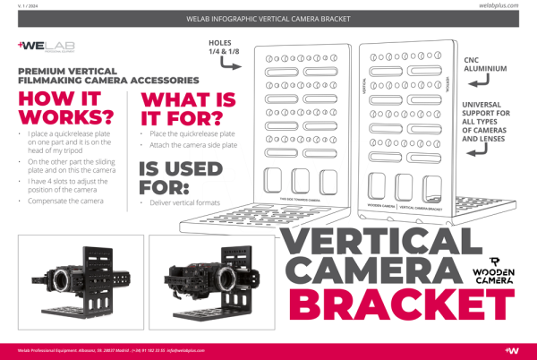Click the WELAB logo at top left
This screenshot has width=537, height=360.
pyautogui.click(x=44, y=46)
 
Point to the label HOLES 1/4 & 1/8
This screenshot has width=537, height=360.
pyautogui.click(x=224, y=47)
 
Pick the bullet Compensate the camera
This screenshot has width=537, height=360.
pyautogui.click(x=65, y=201)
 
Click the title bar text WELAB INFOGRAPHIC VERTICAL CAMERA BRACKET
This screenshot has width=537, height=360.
pyautogui.click(x=268, y=18)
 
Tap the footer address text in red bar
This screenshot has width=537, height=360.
pyautogui.click(x=98, y=349)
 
